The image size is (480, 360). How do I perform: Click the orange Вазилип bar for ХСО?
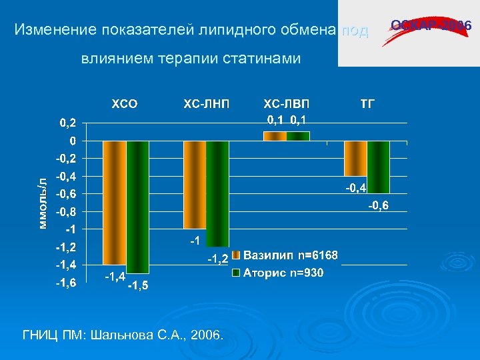pyautogui.click(x=114, y=203)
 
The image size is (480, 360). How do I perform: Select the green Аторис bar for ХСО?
pyautogui.click(x=137, y=207)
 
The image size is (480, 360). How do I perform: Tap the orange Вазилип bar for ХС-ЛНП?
pyautogui.click(x=195, y=185)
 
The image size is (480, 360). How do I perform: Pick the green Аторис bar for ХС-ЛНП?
pyautogui.click(x=217, y=193)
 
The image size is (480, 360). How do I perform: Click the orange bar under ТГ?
pyautogui.click(x=355, y=158)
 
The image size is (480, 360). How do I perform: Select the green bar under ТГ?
pyautogui.click(x=378, y=167)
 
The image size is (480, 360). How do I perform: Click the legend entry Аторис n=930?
pyautogui.click(x=283, y=273)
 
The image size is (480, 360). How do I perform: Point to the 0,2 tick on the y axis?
pyautogui.click(x=67, y=123)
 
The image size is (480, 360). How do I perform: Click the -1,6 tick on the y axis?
pyautogui.click(x=65, y=283)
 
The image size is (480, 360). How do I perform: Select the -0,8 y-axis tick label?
pyautogui.click(x=65, y=212)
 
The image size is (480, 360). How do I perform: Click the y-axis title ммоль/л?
pyautogui.click(x=43, y=204)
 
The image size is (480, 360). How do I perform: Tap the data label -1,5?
pyautogui.click(x=138, y=286)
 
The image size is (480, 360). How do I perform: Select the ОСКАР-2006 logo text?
pyautogui.click(x=431, y=26)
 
